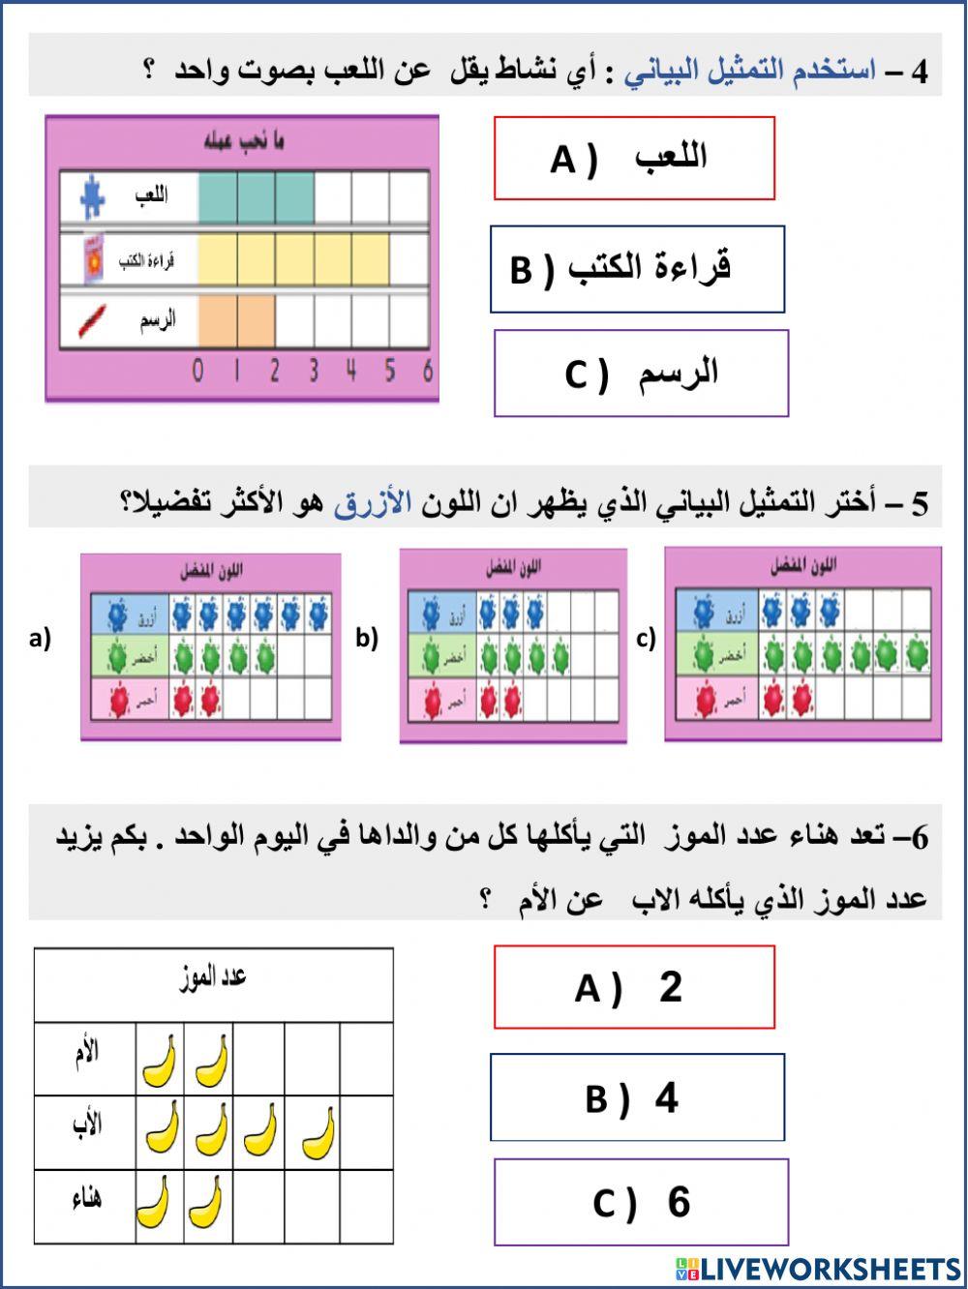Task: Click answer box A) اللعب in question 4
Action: (634, 159)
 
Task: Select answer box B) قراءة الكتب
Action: (637, 269)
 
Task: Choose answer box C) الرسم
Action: (641, 374)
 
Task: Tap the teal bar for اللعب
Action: (257, 197)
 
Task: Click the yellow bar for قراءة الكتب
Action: (294, 258)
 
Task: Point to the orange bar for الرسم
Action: (237, 320)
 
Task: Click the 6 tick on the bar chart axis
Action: (428, 372)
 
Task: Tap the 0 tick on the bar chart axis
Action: (198, 372)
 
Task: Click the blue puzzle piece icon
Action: (93, 197)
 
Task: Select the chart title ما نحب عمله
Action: (243, 142)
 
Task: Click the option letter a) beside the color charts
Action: (40, 639)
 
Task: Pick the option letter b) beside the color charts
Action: (366, 639)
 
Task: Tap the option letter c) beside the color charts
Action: (646, 639)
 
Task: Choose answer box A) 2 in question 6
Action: (634, 987)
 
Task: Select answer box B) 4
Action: (637, 1098)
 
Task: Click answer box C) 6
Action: (641, 1202)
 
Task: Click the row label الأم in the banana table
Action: (86, 1052)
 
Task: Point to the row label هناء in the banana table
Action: (86, 1201)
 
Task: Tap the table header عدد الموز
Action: (214, 978)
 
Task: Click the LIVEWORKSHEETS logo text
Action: (830, 1269)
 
